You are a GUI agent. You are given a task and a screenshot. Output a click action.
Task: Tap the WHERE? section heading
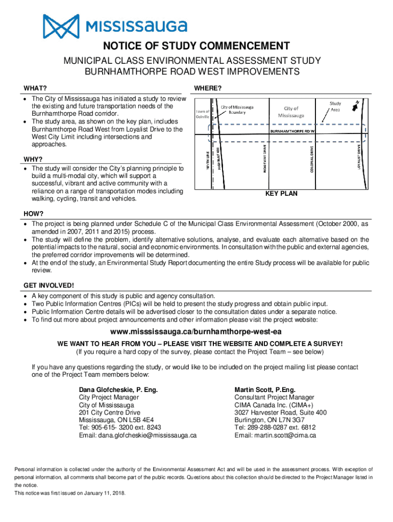point(208,89)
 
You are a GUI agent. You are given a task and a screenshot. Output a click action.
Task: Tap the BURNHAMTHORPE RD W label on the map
point(293,131)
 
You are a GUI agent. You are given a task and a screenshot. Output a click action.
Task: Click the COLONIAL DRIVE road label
point(311,159)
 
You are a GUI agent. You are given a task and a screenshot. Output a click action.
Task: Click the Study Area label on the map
point(335,107)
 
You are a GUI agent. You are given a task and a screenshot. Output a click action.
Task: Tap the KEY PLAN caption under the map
point(281,194)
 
